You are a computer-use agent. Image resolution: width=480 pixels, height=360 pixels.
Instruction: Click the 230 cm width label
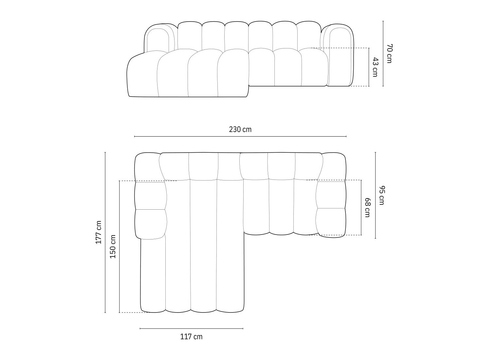click(x=240, y=129)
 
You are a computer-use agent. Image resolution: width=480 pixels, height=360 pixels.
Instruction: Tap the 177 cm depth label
click(x=98, y=232)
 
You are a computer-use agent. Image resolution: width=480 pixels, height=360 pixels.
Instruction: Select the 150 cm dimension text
click(x=113, y=246)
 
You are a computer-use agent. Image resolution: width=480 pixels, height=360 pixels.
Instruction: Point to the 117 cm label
click(x=191, y=336)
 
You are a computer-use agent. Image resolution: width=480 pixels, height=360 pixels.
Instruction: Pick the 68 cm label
click(x=367, y=207)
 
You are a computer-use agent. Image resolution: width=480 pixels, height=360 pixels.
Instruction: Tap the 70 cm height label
click(x=389, y=53)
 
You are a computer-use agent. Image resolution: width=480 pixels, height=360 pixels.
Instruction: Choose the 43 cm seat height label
click(x=375, y=67)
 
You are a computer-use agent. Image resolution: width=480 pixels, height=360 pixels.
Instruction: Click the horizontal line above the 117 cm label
click(x=191, y=328)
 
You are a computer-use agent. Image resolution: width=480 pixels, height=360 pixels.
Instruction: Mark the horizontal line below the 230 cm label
click(x=240, y=136)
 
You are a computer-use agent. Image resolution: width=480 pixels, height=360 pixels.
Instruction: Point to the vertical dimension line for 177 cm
click(x=105, y=232)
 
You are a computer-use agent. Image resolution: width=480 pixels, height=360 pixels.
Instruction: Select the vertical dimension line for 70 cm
click(x=383, y=53)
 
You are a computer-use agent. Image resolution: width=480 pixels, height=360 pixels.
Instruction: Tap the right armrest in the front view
click(x=341, y=56)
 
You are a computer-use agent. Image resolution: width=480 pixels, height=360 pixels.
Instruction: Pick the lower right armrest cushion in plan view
click(x=331, y=222)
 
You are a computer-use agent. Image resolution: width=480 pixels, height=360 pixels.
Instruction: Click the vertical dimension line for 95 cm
click(x=375, y=195)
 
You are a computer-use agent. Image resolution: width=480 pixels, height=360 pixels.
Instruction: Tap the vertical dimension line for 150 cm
click(x=120, y=246)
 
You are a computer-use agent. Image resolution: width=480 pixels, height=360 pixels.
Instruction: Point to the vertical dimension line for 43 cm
click(x=369, y=67)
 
